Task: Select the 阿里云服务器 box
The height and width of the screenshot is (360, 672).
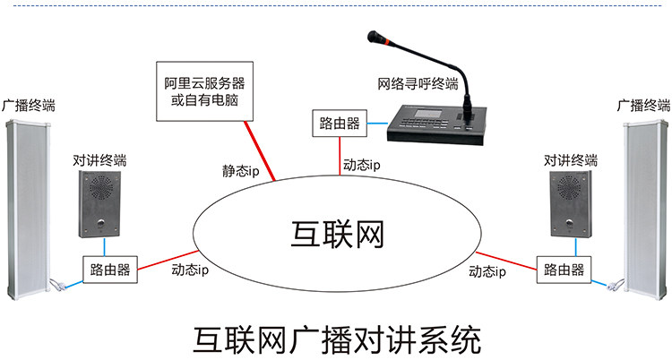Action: point(203,91)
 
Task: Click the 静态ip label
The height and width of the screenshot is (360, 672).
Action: point(240,171)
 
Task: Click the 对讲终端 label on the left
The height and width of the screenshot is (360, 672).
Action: point(100,162)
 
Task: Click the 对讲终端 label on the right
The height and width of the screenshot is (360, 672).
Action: point(570,161)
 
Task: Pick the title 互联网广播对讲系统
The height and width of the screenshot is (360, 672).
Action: point(337,339)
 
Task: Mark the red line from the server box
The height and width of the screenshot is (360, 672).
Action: point(260,150)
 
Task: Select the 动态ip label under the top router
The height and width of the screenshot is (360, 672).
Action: point(362,165)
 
